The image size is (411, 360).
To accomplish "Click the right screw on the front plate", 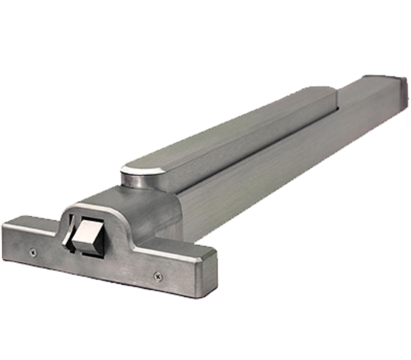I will [157, 276].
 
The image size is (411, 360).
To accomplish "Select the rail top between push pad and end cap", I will [365, 85].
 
